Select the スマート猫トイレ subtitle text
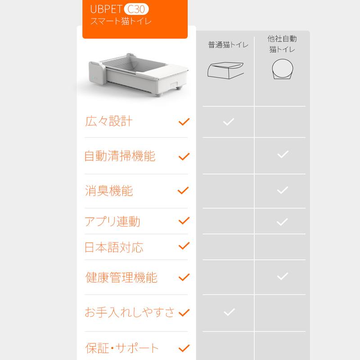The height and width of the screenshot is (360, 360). point(121,21)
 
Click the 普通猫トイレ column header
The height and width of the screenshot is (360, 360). point(228,45)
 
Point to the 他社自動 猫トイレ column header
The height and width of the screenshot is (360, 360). point(282,44)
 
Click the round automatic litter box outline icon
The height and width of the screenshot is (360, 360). point(283,69)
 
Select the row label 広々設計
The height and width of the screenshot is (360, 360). point(108,121)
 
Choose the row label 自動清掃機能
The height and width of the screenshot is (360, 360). point(120,156)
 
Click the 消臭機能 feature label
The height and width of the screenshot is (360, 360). point(109,191)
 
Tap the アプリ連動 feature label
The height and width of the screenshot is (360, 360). point(112,221)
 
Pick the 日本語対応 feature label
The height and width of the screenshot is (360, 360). point(114,247)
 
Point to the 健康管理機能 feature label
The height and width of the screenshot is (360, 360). point(121,277)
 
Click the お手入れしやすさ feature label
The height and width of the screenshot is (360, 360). point(130,312)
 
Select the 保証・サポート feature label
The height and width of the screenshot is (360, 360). point(122,348)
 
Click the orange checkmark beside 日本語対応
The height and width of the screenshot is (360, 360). point(184,246)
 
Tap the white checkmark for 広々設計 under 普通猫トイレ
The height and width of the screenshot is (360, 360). point(229,121)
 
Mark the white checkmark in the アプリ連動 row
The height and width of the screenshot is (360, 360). point(283,221)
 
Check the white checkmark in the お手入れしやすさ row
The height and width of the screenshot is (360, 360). point(229,312)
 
